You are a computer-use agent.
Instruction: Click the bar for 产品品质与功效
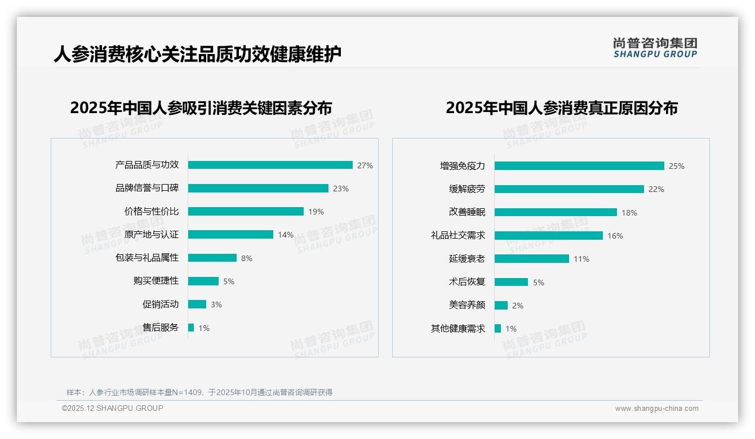coord(270,165)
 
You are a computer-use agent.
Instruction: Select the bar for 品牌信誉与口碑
coord(258,189)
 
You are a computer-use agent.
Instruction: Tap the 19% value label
coord(316,212)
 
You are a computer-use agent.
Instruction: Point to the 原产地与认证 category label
coord(152,235)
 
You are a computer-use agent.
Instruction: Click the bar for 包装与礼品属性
coord(212,258)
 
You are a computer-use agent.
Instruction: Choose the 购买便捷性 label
coord(156,281)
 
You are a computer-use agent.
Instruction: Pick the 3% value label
coord(216,304)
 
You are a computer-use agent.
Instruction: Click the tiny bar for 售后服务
coord(191,328)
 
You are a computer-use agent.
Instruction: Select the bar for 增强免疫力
coord(579,166)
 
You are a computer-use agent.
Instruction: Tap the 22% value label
coord(656,189)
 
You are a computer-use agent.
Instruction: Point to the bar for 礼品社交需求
coord(549,236)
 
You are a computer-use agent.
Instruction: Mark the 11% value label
coord(581,259)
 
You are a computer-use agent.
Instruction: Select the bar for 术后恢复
coord(511,282)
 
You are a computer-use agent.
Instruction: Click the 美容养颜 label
coord(467,305)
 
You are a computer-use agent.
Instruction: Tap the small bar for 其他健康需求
coord(498,328)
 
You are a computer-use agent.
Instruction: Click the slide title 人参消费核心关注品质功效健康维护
coord(198,54)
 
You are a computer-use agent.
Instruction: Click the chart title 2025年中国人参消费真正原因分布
coord(561,107)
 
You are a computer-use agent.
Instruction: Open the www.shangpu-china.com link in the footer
coord(656,409)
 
